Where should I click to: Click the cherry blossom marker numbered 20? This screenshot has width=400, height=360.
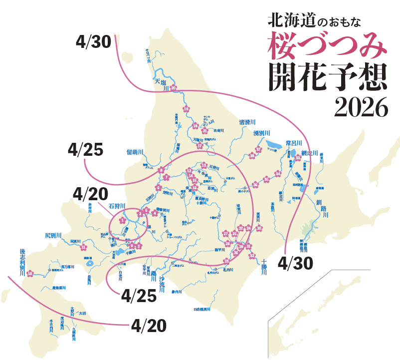(x=174, y=88)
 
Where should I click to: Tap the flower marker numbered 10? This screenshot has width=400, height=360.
(x=30, y=273)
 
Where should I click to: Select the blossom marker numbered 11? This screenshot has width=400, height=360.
(x=83, y=247)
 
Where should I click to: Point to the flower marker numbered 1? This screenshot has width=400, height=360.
(x=122, y=220)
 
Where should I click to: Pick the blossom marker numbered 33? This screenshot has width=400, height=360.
(x=298, y=158)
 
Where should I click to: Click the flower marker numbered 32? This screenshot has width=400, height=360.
(x=252, y=256)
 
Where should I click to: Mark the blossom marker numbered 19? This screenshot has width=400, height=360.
(x=186, y=108)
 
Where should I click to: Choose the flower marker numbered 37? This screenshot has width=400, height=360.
(x=258, y=149)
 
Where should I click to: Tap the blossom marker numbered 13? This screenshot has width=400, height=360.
(x=203, y=165)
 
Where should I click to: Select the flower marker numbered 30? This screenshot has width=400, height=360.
(x=259, y=228)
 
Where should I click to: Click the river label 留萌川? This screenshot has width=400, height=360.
(x=135, y=152)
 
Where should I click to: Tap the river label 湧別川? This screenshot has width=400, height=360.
(x=261, y=133)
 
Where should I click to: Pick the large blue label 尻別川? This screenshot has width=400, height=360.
(x=53, y=235)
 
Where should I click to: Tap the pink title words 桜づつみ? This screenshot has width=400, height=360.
(x=327, y=45)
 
